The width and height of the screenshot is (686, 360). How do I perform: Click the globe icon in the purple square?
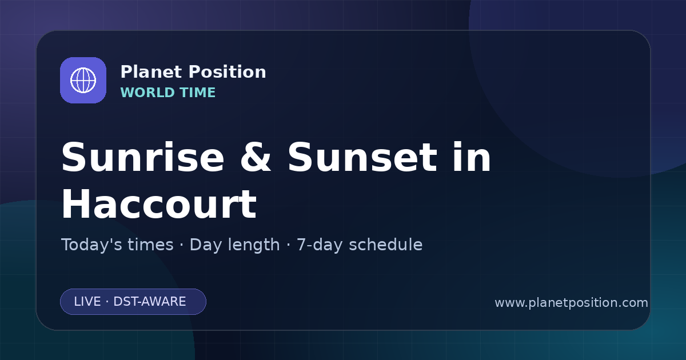coord(83,80)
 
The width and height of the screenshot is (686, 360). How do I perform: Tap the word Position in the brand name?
coord(228,72)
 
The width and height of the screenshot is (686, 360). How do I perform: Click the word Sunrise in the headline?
coord(143,157)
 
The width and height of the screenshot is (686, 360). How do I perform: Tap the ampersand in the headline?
coord(256,157)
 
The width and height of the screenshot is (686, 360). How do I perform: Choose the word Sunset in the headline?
coord(362,157)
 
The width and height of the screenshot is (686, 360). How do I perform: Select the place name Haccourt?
coord(159,204)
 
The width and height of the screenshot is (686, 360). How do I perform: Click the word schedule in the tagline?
coord(386,245)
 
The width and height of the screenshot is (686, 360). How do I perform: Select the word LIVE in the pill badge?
coord(87,302)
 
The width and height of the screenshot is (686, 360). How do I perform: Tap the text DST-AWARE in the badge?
coord(150,302)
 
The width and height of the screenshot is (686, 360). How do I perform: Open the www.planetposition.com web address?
coord(572,303)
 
